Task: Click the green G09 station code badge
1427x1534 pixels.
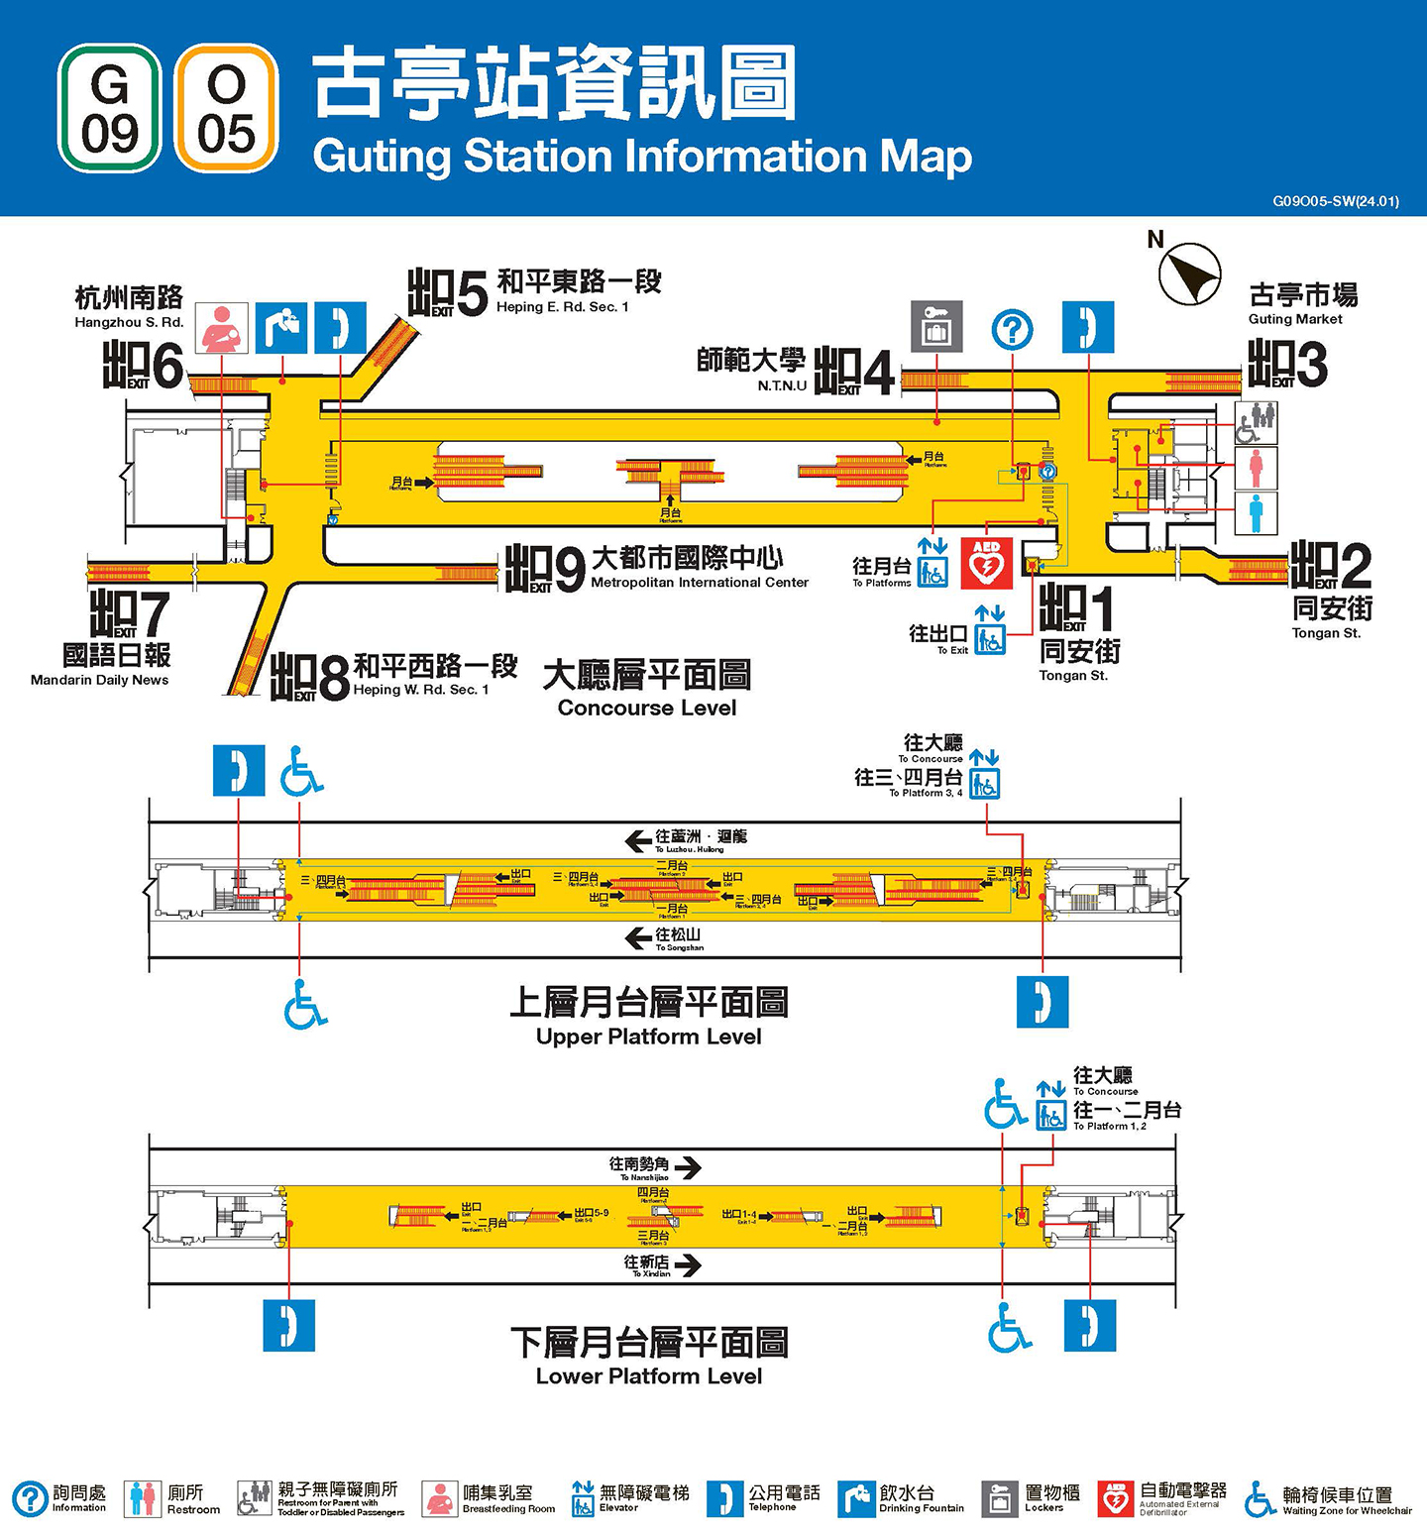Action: click(109, 108)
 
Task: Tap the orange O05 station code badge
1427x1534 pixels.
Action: click(226, 108)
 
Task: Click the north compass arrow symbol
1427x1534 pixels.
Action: click(1190, 274)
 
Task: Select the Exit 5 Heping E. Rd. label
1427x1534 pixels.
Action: click(578, 290)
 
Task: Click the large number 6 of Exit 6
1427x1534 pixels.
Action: click(167, 367)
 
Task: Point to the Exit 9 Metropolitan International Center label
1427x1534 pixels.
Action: click(699, 568)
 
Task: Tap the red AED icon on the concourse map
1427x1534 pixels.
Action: click(986, 563)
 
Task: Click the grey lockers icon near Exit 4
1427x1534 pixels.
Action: click(936, 327)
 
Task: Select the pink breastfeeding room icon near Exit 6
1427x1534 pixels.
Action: click(221, 328)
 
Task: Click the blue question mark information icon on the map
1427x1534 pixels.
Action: click(1012, 329)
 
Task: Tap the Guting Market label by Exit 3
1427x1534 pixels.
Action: click(1301, 303)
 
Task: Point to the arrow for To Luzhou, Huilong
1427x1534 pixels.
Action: click(638, 841)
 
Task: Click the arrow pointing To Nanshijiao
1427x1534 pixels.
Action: click(689, 1167)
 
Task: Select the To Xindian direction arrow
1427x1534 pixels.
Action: click(688, 1265)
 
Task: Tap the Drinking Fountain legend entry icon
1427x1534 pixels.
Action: click(855, 1499)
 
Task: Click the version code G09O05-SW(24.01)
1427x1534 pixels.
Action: click(1335, 201)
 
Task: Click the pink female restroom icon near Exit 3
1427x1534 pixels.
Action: click(1256, 468)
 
